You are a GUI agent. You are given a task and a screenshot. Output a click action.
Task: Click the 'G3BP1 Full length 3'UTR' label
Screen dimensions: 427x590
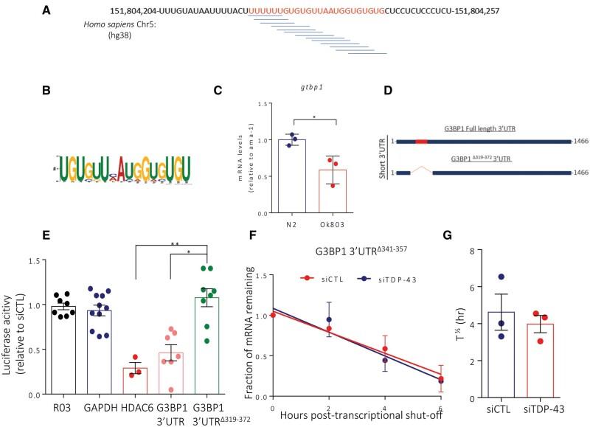click(x=479, y=129)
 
